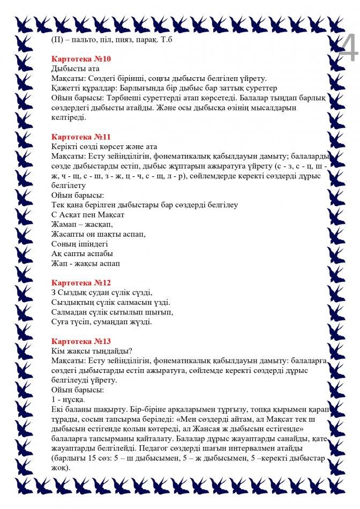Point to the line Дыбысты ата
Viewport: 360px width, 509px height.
pyautogui.click(x=75, y=69)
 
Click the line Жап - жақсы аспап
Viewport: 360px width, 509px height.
pyautogui.click(x=86, y=263)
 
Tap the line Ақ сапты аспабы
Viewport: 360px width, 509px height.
pyautogui.click(x=82, y=253)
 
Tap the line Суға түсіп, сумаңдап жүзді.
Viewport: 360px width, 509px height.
pyautogui.click(x=102, y=321)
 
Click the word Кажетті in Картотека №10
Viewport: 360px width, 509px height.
pyautogui.click(x=66, y=88)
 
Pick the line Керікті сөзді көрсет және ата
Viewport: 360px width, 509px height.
pyautogui.click(x=104, y=146)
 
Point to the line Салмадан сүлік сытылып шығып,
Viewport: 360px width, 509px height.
pyautogui.click(x=112, y=312)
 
